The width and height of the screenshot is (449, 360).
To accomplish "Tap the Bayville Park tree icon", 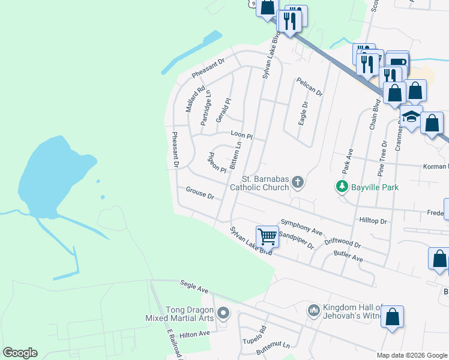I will coord(342,187).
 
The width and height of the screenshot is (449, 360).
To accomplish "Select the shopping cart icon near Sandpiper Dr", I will coord(267,235).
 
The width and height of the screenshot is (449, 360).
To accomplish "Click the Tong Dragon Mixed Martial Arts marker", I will coord(223,313).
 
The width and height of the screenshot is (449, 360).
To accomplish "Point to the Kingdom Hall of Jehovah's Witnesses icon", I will coord(313,310).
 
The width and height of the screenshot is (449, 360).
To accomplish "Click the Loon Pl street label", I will coord(241,136).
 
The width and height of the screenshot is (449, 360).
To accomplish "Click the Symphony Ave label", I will coord(301,228).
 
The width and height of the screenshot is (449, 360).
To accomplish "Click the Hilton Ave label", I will coord(194,334).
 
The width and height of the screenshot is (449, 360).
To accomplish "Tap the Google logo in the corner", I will coord(20,353).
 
